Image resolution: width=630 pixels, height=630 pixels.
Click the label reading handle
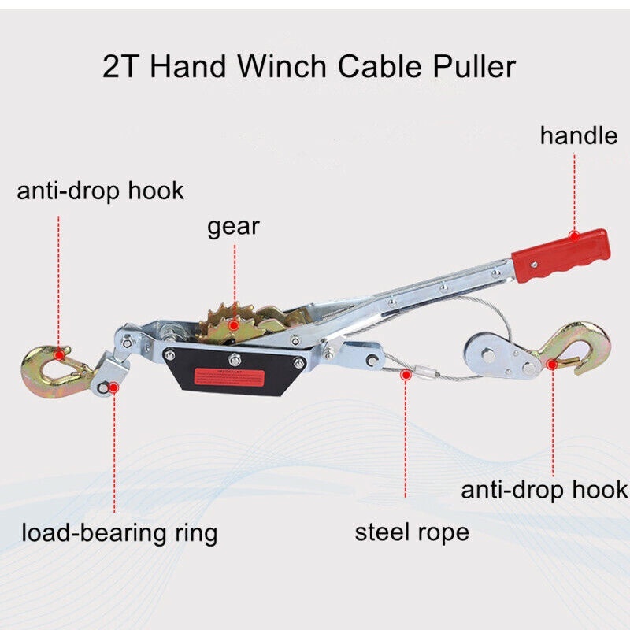click(x=578, y=135)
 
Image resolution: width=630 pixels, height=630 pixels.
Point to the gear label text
click(x=233, y=228)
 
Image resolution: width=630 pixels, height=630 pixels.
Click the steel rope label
click(x=412, y=532)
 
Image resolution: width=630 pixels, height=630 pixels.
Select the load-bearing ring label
click(x=119, y=533)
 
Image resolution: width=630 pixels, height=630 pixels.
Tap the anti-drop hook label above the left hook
click(x=100, y=190)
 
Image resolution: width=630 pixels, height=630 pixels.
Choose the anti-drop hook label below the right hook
click(x=544, y=490)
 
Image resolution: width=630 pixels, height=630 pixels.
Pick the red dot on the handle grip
click(x=575, y=234)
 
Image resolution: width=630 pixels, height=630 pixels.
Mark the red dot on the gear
click(x=233, y=323)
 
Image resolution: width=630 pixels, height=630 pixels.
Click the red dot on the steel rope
click(x=406, y=376)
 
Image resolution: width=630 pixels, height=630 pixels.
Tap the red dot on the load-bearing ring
click(x=114, y=387)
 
